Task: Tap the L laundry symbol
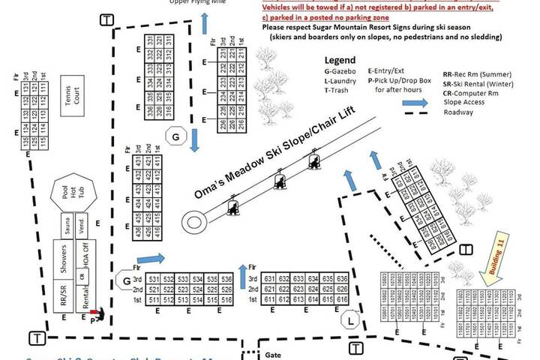[x=349, y=321]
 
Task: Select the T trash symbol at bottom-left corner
[x=36, y=337]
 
